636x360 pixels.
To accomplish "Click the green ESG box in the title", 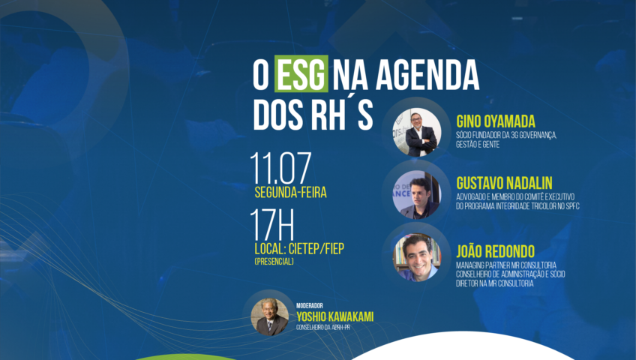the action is click(301, 73).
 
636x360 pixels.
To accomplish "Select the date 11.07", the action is click(280, 169).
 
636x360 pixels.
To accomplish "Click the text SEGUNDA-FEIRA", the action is click(290, 192).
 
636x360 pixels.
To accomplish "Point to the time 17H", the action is click(272, 225).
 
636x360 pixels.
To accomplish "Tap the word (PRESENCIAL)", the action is click(274, 262).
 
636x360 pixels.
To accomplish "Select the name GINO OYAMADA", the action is click(496, 121).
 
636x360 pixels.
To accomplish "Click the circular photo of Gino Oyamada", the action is click(417, 132).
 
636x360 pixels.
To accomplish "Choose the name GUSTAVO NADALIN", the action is click(504, 183).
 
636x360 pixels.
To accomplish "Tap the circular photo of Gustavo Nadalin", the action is click(416, 195).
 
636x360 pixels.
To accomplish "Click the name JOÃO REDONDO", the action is click(495, 251).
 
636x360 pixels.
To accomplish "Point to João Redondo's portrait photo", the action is click(417, 257).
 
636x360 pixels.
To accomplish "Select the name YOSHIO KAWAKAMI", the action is click(334, 316).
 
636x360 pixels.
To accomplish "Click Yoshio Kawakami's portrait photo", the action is click(270, 317).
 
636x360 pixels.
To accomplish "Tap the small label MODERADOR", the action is click(310, 306).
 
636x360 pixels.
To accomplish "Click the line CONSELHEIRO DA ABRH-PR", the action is click(322, 327).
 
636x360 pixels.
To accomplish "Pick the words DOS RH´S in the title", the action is click(313, 115).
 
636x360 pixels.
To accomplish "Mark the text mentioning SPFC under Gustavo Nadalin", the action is click(517, 206).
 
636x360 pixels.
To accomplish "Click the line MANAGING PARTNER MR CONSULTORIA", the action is click(506, 265).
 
